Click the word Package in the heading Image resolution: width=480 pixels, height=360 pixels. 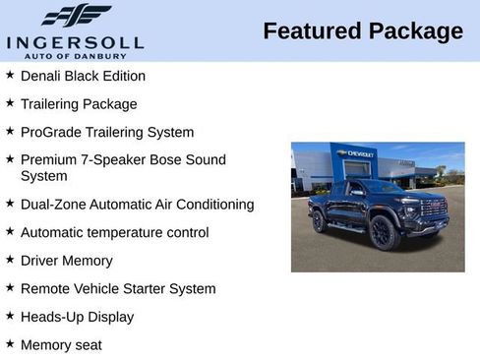click(x=415, y=31)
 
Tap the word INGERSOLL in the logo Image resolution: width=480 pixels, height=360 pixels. click(x=75, y=42)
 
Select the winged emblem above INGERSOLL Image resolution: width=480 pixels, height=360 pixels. click(x=77, y=15)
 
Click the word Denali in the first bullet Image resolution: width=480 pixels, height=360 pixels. click(x=42, y=76)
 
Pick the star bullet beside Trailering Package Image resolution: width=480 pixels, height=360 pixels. click(x=10, y=103)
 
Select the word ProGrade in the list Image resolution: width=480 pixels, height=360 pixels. click(x=50, y=132)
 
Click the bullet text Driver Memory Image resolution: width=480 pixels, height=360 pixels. click(x=66, y=261)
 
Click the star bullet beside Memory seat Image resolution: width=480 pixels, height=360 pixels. click(x=10, y=344)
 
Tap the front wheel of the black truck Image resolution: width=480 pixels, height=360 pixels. click(x=385, y=233)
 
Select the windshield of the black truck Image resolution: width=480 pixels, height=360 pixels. click(x=384, y=187)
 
